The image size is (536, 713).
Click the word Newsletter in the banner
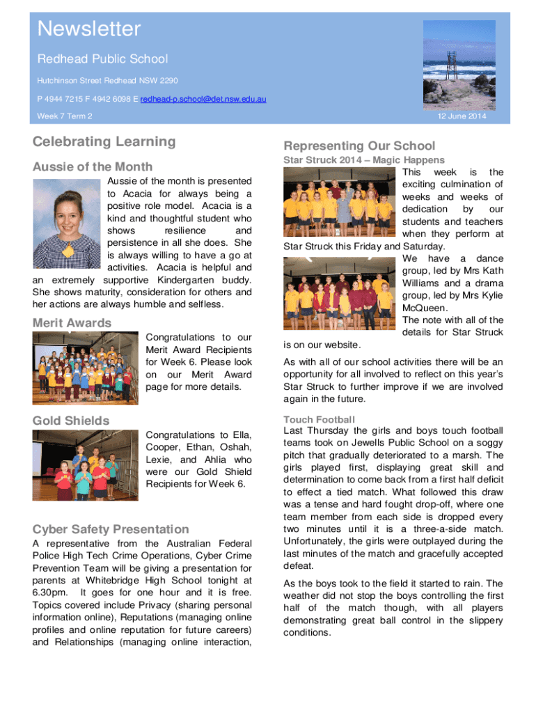pos(89,29)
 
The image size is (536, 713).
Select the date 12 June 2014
pos(462,116)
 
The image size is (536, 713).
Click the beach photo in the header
pos(459,65)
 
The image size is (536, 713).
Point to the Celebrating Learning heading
pos(104,142)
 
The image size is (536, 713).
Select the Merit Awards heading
pos(72,323)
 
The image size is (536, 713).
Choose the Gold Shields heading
pos(71,421)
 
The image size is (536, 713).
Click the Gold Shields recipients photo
pos(86,465)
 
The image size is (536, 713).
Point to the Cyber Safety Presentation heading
pos(111,529)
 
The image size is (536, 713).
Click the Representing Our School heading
pos(359,146)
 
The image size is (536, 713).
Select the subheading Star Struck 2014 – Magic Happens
pos(364,160)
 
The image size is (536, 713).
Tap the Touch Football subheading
pos(319,419)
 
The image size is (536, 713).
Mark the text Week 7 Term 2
pos(65,116)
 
